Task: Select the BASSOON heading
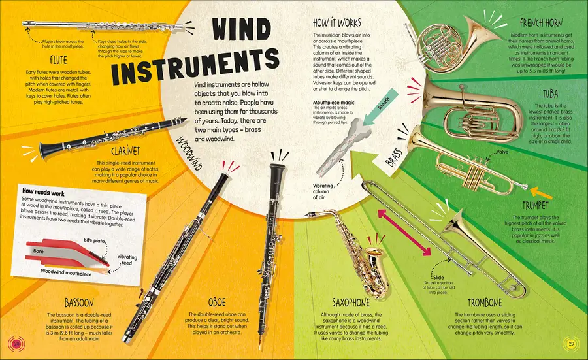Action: click(78, 303)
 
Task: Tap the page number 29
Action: click(570, 344)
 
